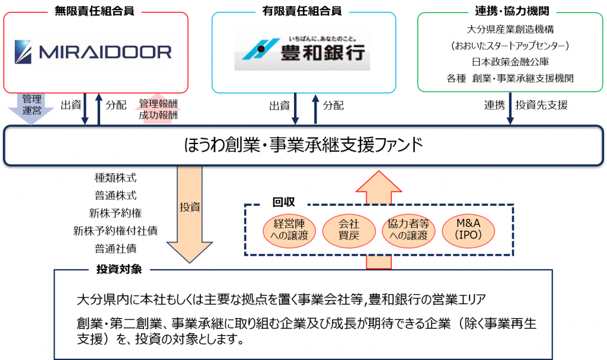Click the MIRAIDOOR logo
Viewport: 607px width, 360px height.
pyautogui.click(x=93, y=52)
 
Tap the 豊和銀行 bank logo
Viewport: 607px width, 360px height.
pyautogui.click(x=302, y=52)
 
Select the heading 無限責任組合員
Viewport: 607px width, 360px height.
pyautogui.click(x=94, y=11)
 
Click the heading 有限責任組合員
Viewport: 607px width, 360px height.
pyautogui.click(x=302, y=11)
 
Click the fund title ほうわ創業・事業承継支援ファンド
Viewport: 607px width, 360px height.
pyautogui.click(x=302, y=144)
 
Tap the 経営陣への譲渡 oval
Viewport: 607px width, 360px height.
pyautogui.click(x=287, y=229)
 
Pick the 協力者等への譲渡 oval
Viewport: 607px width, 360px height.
pyautogui.click(x=408, y=229)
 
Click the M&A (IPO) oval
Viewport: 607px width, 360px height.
pyautogui.click(x=468, y=229)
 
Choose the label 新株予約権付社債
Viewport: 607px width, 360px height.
pyautogui.click(x=115, y=230)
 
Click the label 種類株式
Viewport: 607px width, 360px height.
pyautogui.click(x=115, y=177)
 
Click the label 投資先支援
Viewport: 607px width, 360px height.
pyautogui.click(x=541, y=106)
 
